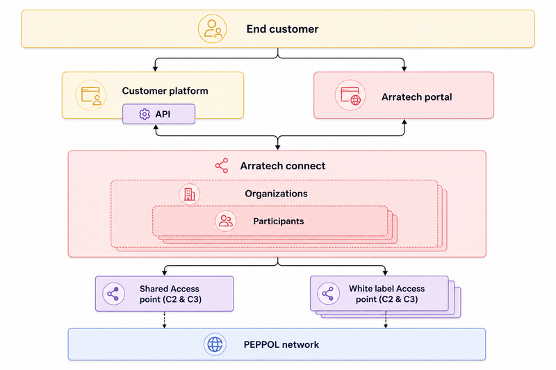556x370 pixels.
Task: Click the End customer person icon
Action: click(212, 28)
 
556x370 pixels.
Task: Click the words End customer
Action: click(282, 29)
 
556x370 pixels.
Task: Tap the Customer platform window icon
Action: click(91, 95)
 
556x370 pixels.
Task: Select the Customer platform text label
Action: click(165, 91)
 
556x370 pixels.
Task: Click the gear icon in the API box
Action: click(145, 114)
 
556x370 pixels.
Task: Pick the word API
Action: click(163, 114)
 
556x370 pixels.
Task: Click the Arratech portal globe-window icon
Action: click(350, 95)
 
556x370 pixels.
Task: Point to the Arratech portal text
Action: click(416, 97)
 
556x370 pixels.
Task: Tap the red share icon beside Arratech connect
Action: click(222, 166)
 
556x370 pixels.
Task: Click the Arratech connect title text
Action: click(283, 166)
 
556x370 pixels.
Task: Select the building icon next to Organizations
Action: click(189, 194)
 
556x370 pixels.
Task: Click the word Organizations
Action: click(276, 194)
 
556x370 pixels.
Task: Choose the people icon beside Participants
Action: click(225, 221)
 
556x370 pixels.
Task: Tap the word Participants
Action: click(279, 221)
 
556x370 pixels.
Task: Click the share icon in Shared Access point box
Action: click(113, 294)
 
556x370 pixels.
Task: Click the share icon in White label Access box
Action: click(328, 294)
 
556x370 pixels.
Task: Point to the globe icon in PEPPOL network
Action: click(215, 344)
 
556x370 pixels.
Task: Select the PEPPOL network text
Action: click(281, 344)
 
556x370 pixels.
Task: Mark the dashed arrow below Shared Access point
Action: click(164, 320)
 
